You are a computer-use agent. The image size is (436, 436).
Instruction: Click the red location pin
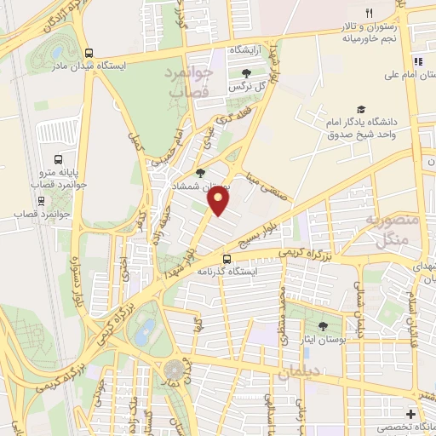219,201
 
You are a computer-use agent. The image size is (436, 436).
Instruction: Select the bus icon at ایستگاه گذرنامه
227,259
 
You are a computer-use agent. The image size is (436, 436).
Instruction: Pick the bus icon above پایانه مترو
58,158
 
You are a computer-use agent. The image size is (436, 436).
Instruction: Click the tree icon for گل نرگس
247,75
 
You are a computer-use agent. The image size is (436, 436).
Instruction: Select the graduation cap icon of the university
362,109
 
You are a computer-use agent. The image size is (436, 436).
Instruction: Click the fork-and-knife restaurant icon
369,13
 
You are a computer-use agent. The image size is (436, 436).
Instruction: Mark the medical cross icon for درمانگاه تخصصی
411,414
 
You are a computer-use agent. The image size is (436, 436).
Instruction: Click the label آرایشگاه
247,51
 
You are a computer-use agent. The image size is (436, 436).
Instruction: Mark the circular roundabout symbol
175,370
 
